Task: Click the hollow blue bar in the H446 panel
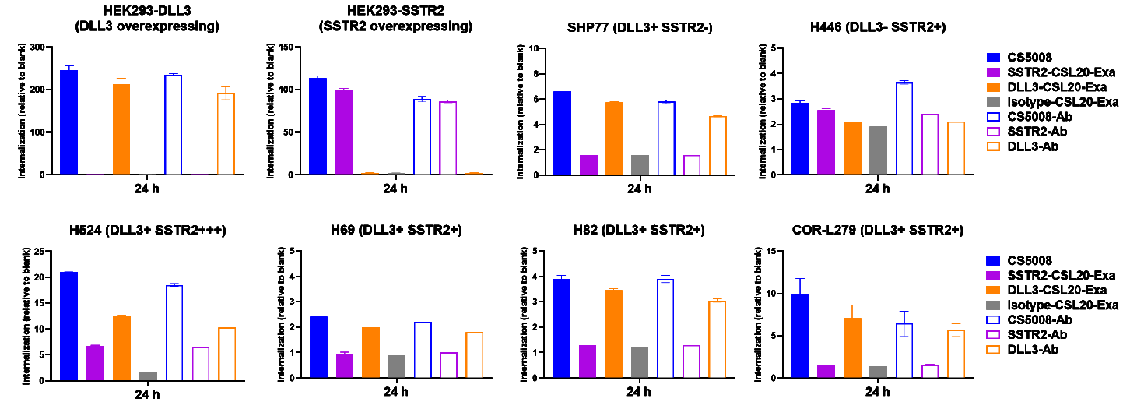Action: tap(904, 129)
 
